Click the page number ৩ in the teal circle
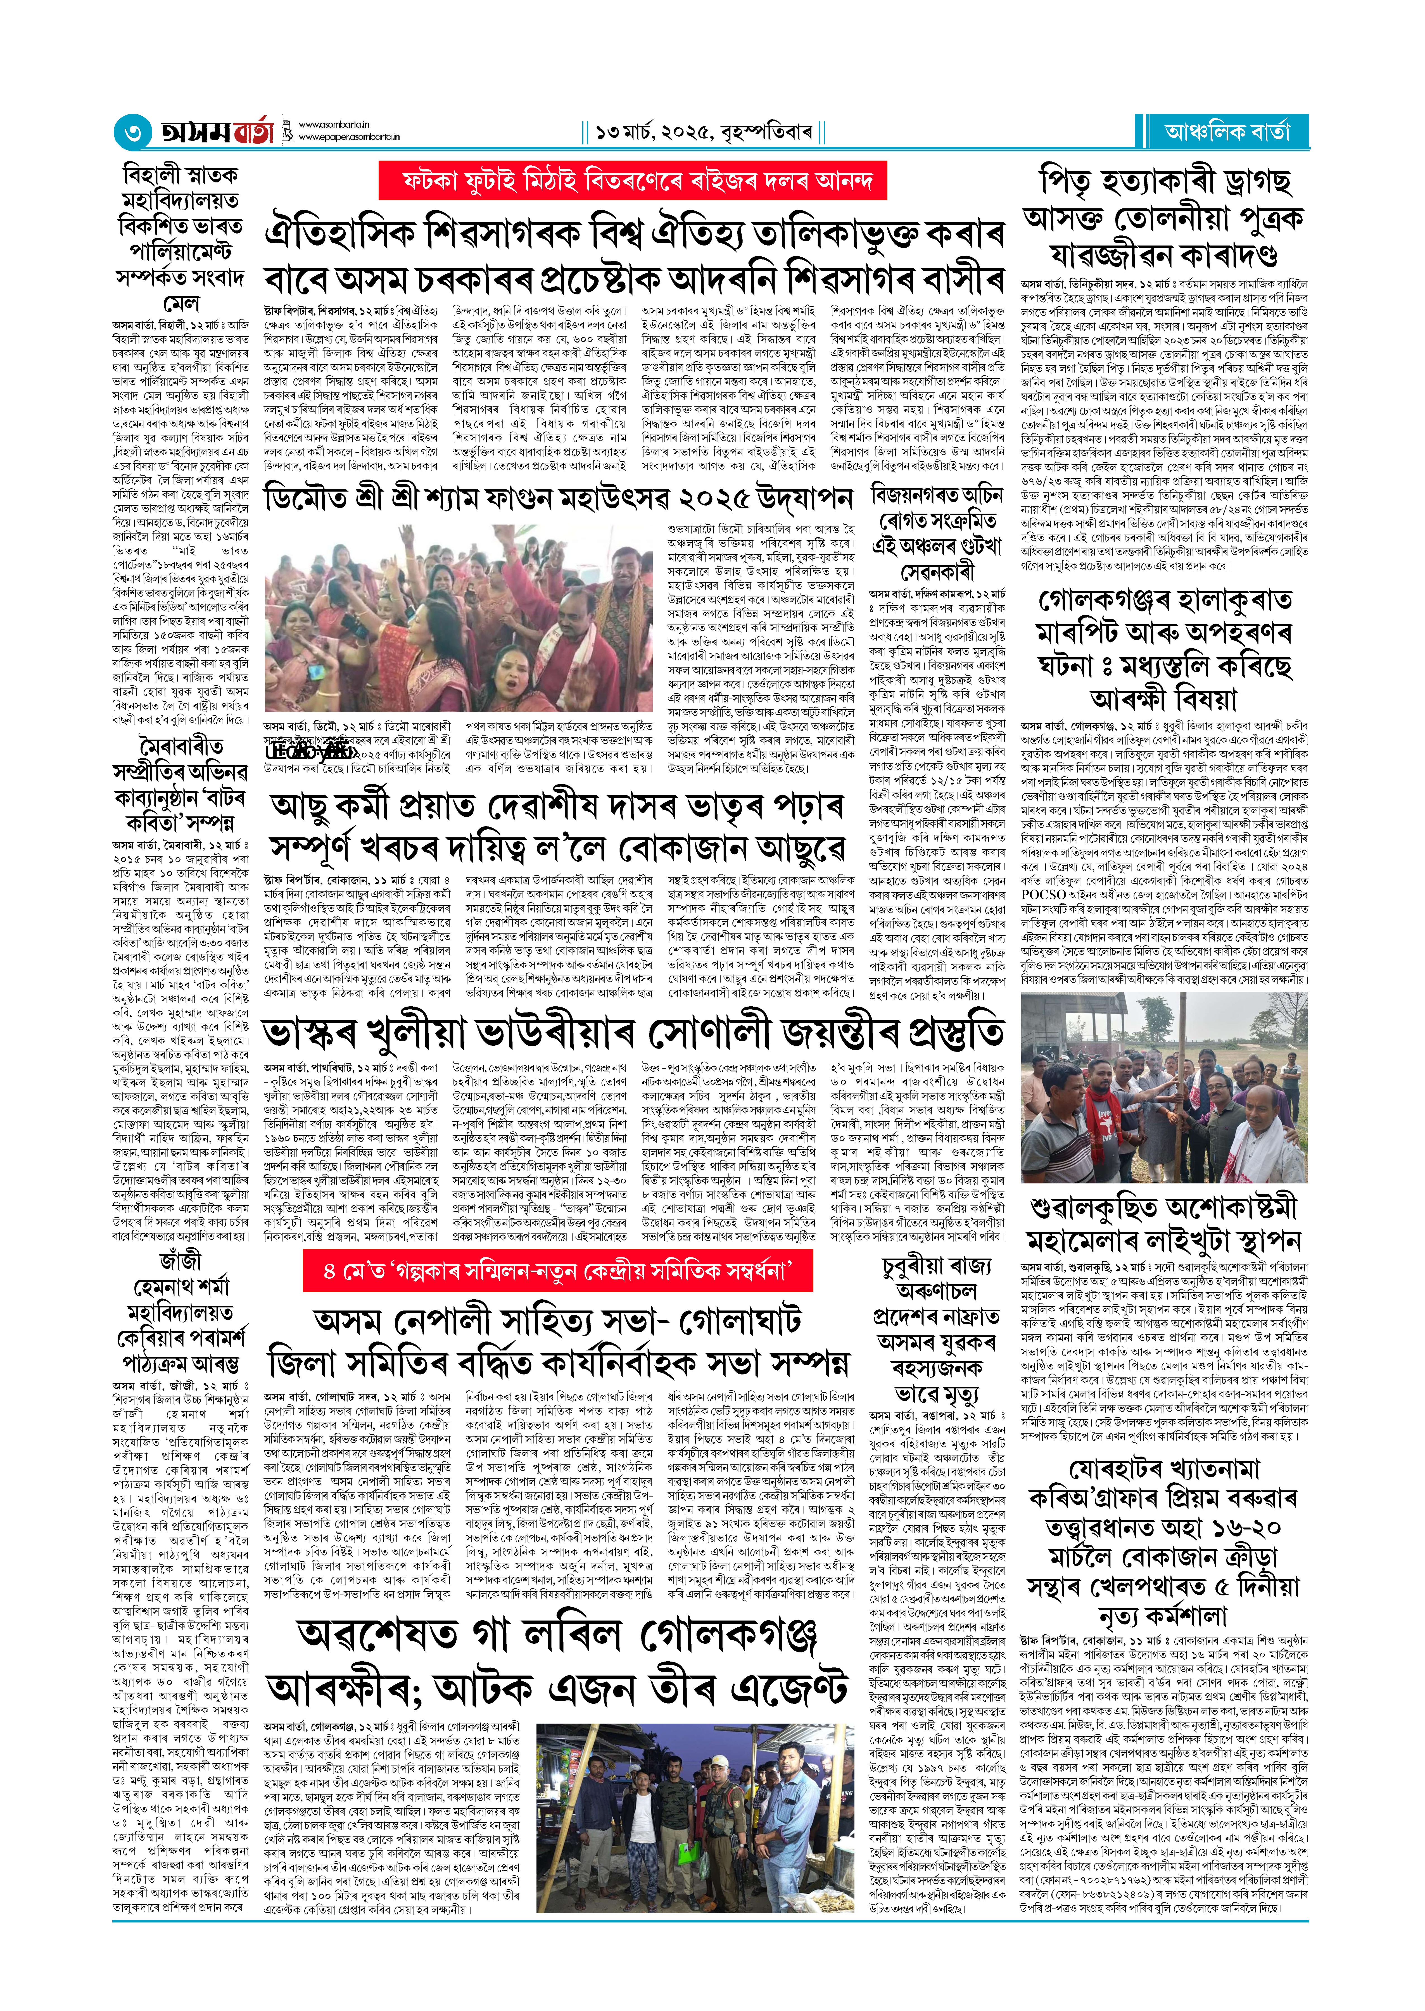[x=132, y=133]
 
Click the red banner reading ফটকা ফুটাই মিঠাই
[x=632, y=182]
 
